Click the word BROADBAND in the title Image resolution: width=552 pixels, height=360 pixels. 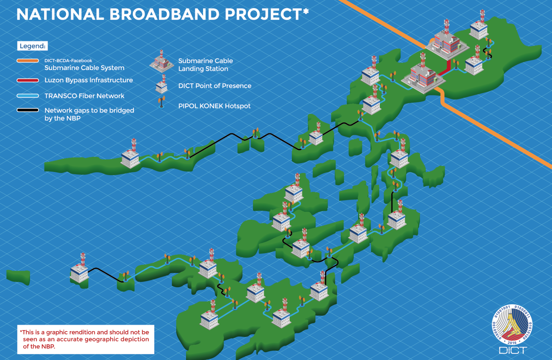tap(164, 14)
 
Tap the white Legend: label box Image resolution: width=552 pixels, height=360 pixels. tap(32, 46)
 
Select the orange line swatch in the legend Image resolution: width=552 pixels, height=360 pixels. tap(28, 61)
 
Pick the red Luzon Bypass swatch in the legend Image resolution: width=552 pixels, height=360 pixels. tap(28, 80)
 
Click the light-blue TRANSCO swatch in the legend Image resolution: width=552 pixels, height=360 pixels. tap(28, 96)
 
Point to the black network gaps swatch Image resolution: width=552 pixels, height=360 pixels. tap(28, 110)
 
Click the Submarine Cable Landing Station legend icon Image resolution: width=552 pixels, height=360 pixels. tap(162, 61)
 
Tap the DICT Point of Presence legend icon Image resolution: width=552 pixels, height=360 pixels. tap(162, 84)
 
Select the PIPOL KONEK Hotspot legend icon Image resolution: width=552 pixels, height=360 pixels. tap(162, 102)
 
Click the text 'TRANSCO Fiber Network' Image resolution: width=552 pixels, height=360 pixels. tap(84, 96)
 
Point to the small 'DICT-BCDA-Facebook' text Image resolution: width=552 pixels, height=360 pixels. tap(68, 61)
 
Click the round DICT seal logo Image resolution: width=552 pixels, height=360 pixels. tap(512, 325)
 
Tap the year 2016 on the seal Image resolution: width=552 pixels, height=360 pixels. tap(512, 343)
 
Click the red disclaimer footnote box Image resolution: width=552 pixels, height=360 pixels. tap(85, 339)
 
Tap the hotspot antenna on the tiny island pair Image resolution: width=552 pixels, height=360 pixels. tap(255, 133)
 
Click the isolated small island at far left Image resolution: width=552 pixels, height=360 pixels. tap(18, 277)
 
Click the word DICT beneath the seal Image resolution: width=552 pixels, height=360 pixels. tap(513, 350)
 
